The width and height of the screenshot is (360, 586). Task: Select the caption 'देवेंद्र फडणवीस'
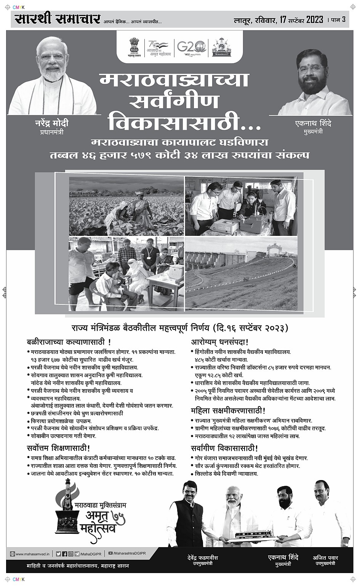202,558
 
